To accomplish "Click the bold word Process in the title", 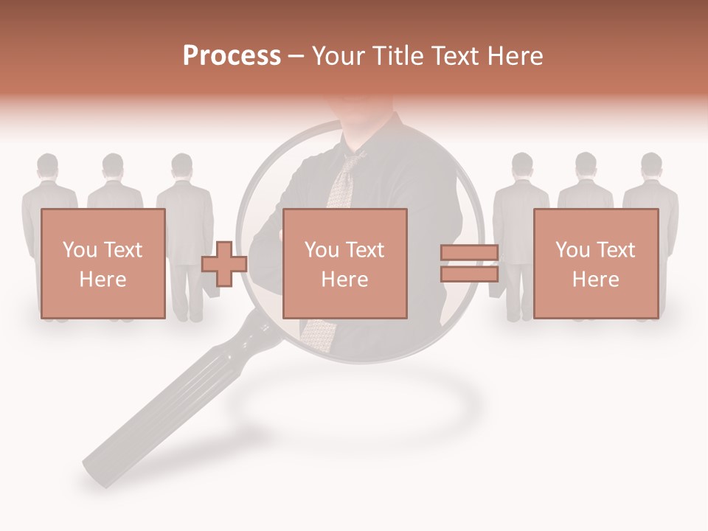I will point(232,55).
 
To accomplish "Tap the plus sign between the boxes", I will point(224,263).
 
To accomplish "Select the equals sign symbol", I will point(469,263).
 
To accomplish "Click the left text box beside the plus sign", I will point(103,263).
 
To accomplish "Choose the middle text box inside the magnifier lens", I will point(344,263).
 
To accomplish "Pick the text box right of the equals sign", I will point(595,263).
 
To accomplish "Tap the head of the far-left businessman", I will point(48,167).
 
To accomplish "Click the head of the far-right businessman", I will point(651,166).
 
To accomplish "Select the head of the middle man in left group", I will point(113,167).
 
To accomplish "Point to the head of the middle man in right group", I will point(586,166).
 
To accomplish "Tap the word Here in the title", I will point(516,55).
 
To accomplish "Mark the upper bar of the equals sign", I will point(469,253).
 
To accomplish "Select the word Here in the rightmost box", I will point(595,279).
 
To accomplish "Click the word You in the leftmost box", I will point(80,249).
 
